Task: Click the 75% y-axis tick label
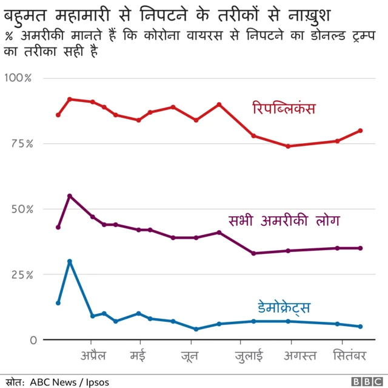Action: (x=20, y=144)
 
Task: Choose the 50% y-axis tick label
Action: (x=20, y=209)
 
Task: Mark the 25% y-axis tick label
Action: (x=20, y=274)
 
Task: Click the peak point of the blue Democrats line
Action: (x=70, y=261)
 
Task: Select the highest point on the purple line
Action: (x=70, y=196)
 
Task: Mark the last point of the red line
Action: (x=360, y=131)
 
